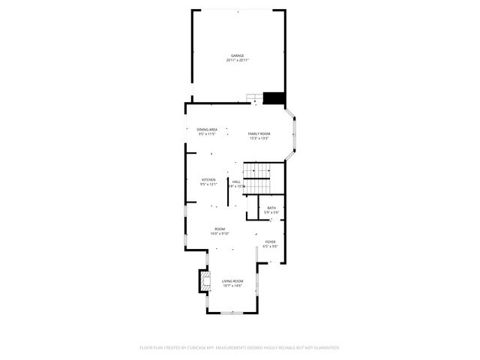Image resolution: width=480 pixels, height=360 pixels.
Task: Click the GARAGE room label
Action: [x=238, y=56]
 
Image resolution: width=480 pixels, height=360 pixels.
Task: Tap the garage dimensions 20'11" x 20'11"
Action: [x=238, y=61]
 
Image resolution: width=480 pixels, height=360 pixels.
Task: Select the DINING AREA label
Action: [x=208, y=130]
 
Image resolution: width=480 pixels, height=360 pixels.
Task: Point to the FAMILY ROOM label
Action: [x=259, y=133]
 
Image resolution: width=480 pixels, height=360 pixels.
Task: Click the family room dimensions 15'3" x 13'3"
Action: [x=259, y=138]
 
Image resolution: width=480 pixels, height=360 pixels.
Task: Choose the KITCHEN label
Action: [x=208, y=180]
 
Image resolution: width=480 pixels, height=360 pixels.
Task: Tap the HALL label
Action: [x=236, y=181]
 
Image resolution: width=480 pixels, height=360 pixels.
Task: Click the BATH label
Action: [x=271, y=208]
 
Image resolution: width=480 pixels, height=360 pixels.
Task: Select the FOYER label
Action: [x=270, y=241]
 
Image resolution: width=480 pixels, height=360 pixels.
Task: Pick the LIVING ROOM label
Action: [x=232, y=281]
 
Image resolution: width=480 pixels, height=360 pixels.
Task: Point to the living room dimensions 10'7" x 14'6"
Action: [x=232, y=286]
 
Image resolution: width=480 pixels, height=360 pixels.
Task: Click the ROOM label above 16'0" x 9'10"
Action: [x=220, y=229]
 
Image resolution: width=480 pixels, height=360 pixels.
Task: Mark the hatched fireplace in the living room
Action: [x=204, y=281]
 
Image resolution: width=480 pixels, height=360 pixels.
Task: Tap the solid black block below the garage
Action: [x=274, y=97]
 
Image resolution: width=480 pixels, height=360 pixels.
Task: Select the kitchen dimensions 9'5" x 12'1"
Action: [x=208, y=184]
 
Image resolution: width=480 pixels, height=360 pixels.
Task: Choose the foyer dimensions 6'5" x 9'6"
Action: [x=270, y=246]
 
